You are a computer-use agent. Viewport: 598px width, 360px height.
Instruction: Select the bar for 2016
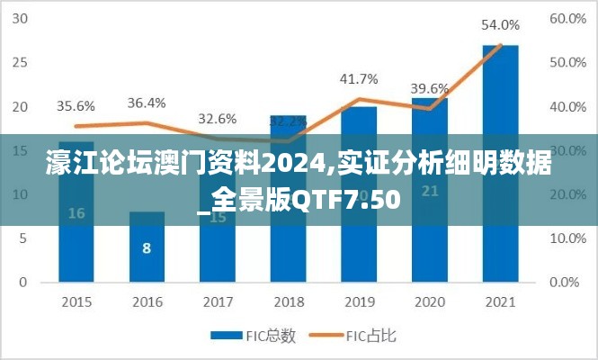(147, 248)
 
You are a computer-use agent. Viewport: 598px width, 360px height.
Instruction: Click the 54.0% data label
(500, 25)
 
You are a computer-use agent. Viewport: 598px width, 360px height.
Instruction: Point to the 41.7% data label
(358, 79)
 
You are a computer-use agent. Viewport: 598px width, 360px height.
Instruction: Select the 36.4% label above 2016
(147, 103)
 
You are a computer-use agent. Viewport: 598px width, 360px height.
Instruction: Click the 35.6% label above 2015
(76, 106)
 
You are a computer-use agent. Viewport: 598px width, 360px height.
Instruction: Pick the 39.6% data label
(429, 88)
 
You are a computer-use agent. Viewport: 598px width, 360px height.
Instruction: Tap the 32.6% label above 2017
(217, 118)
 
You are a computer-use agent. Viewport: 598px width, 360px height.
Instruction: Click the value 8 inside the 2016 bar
(147, 248)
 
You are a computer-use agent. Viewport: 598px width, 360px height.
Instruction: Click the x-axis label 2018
(288, 301)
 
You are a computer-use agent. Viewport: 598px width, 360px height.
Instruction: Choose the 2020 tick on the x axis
(429, 301)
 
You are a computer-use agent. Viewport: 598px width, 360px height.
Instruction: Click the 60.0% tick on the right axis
(568, 19)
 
